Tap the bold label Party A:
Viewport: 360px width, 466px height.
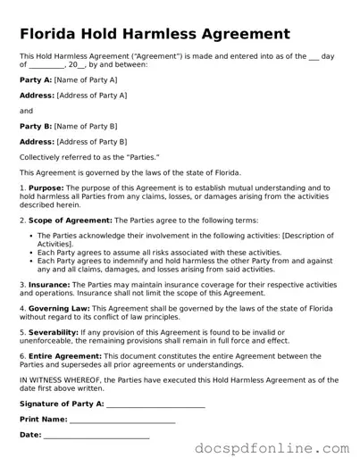(36, 79)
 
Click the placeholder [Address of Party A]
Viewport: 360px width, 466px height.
(92, 95)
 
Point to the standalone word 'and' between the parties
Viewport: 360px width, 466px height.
(26, 111)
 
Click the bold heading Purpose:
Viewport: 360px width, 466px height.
(46, 188)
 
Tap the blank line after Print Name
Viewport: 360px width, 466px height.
(122, 420)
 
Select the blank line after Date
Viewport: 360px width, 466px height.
(96, 437)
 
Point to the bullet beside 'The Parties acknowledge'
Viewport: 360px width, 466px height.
(30, 235)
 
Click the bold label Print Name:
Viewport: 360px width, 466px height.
(43, 420)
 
